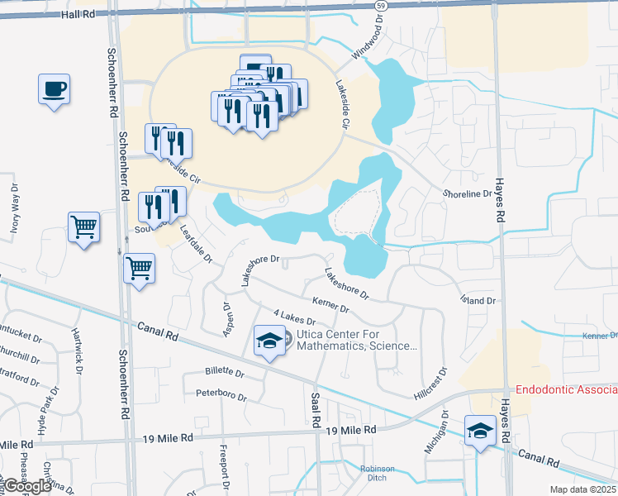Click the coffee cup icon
[54, 88]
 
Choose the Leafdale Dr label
[197, 246]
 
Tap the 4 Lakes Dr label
[294, 317]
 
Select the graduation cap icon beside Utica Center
[268, 341]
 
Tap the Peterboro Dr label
[221, 393]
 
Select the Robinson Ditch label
[377, 474]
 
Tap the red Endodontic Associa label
[566, 389]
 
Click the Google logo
[27, 486]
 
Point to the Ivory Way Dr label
[14, 211]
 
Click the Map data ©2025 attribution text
[582, 489]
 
